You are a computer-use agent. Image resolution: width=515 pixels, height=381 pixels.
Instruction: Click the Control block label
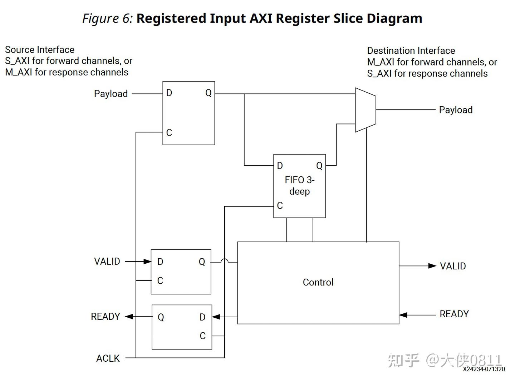tap(318, 282)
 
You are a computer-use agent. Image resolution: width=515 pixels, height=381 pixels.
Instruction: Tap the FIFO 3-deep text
tap(299, 185)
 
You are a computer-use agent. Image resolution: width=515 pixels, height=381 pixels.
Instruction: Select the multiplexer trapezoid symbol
tap(365, 110)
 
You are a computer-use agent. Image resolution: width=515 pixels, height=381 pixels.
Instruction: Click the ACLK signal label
tap(108, 358)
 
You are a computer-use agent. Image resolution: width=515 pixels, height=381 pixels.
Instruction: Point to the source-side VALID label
tap(107, 262)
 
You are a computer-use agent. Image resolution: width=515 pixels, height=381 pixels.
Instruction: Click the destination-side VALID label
tap(453, 266)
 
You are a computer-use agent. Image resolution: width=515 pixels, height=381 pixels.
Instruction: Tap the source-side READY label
tap(105, 317)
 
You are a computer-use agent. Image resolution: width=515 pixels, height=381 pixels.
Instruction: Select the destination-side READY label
tap(454, 314)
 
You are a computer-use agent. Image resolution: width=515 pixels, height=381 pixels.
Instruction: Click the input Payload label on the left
tap(111, 94)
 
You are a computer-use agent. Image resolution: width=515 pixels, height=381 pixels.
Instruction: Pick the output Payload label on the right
tap(456, 110)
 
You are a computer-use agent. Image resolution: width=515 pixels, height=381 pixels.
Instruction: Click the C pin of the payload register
tap(169, 133)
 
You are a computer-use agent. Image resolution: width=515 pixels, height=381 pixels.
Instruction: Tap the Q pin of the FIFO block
tap(319, 166)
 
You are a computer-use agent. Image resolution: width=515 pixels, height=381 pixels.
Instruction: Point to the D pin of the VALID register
tap(160, 262)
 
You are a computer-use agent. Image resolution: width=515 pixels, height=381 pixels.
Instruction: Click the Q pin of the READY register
tap(161, 317)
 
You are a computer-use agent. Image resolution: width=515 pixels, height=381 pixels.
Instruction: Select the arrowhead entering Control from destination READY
tap(403, 315)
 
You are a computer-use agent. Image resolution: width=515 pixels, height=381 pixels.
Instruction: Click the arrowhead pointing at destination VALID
tap(432, 266)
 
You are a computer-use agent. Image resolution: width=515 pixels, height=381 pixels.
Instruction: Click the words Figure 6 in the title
tap(107, 18)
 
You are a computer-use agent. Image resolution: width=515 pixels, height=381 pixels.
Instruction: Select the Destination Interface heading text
tap(411, 51)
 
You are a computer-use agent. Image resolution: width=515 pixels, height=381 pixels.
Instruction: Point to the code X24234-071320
tap(484, 369)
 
